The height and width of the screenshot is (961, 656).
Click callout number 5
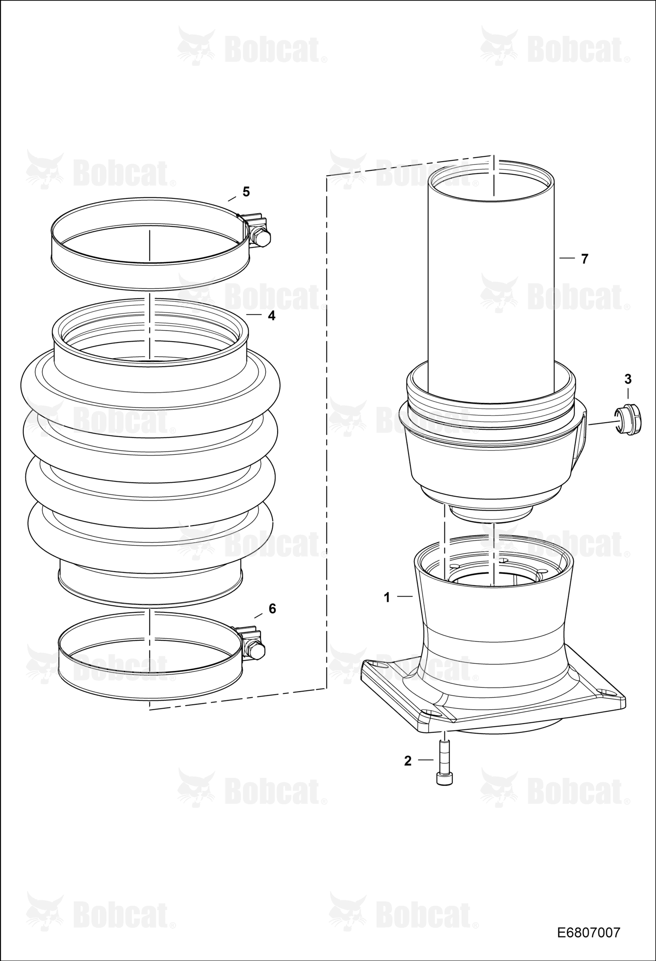tap(246, 192)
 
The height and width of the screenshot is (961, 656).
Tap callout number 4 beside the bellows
tap(272, 315)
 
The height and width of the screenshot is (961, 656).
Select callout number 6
tap(272, 608)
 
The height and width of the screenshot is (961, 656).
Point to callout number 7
tap(585, 259)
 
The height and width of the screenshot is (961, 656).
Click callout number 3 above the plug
tap(628, 379)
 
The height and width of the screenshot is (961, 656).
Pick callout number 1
tap(387, 597)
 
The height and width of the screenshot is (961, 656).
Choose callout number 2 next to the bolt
tap(408, 761)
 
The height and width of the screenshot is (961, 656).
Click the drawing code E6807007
tap(589, 933)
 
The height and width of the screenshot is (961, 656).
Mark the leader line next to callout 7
tap(567, 258)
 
